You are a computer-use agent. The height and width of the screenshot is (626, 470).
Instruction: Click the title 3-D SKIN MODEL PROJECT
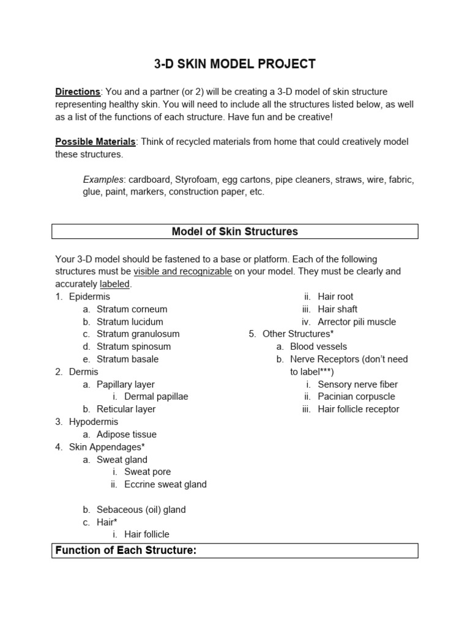pos(234,64)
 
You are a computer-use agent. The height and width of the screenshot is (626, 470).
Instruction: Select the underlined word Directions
pos(78,92)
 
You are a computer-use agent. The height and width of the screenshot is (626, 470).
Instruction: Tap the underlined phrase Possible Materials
pos(95,142)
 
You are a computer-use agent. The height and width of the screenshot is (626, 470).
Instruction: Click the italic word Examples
pos(104,180)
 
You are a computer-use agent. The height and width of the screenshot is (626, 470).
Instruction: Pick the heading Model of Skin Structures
pos(234,232)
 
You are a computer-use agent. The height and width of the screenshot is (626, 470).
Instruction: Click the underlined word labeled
pos(115,284)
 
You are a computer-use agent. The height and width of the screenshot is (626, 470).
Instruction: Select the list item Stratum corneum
pos(132,309)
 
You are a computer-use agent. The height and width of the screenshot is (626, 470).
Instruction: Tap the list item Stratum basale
pos(127,359)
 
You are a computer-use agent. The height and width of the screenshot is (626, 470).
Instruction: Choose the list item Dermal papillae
pos(156,397)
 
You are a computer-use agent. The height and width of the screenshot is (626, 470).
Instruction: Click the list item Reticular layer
pos(126,409)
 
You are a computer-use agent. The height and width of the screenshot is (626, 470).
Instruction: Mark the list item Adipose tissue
pos(127,435)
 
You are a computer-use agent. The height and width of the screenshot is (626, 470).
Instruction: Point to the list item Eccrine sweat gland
pos(165,485)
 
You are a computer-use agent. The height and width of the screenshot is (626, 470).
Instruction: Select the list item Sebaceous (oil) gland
pos(141,510)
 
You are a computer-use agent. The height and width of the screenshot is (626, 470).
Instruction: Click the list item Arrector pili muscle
pos(357,322)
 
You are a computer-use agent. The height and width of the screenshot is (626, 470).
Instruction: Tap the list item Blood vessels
pos(318,347)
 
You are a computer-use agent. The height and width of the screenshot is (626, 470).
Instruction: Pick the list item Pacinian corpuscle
pos(356,397)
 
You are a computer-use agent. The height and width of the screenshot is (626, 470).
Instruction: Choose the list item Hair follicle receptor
pos(358,409)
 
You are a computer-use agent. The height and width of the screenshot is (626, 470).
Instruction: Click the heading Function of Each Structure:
pos(125,551)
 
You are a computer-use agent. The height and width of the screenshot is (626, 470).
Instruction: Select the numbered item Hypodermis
pos(94,422)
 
